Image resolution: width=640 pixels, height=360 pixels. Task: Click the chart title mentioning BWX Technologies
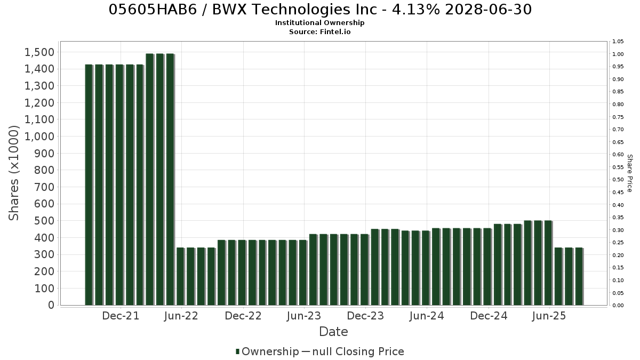[320, 10]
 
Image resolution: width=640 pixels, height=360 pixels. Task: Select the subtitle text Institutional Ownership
[319, 23]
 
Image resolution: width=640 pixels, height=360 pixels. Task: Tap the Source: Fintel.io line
[319, 31]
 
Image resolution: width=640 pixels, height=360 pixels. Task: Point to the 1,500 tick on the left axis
[39, 52]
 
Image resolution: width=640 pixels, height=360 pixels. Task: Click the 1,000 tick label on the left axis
[39, 137]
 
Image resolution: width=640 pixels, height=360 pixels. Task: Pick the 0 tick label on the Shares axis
[51, 305]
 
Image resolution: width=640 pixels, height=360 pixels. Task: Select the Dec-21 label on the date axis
[121, 316]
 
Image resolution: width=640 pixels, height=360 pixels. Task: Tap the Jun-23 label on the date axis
[304, 316]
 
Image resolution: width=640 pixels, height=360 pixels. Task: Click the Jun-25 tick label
[549, 316]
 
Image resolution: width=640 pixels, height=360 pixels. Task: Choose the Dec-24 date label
[489, 316]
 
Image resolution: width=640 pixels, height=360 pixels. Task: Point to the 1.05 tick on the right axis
[618, 42]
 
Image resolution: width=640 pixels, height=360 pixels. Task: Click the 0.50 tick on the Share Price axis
[618, 180]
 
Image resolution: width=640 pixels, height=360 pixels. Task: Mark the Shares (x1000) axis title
[14, 173]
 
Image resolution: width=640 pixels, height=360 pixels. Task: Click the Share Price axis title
[630, 173]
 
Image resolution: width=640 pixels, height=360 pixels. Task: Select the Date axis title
[333, 332]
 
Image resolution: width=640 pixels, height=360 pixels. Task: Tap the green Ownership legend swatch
[237, 351]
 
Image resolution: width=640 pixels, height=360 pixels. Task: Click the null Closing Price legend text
[358, 351]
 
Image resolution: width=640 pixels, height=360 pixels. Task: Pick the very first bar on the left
[89, 185]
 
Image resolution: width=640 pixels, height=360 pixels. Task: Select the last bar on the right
[579, 277]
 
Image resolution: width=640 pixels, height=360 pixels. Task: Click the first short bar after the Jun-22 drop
[180, 277]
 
